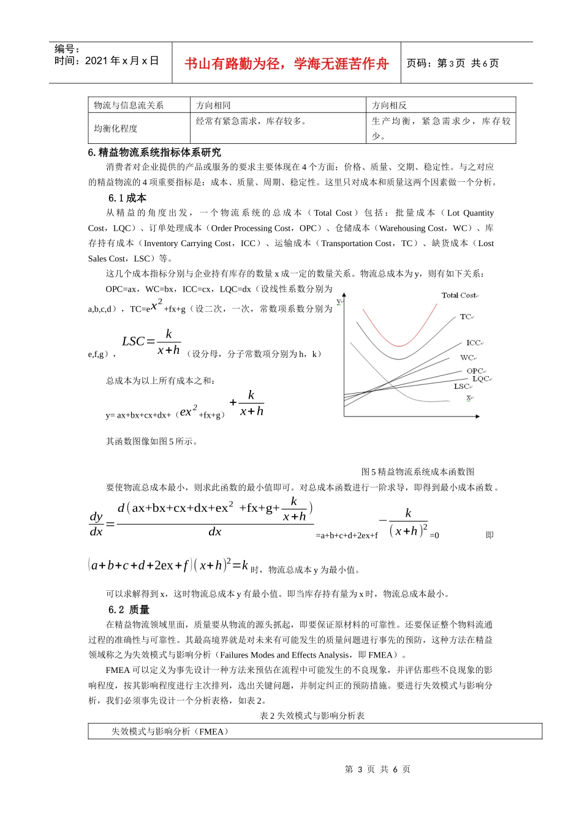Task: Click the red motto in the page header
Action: click(286, 64)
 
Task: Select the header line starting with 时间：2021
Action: click(107, 61)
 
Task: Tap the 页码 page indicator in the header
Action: click(452, 64)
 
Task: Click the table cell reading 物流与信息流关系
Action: click(129, 105)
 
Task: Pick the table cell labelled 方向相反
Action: click(389, 105)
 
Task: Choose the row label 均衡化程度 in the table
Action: click(116, 129)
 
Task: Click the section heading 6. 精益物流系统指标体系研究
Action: click(154, 152)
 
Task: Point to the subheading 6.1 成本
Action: click(127, 198)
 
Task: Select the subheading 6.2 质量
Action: click(129, 609)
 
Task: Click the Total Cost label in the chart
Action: click(459, 295)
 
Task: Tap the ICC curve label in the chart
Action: click(473, 343)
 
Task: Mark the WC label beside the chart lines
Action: click(467, 358)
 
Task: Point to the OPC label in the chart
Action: click(475, 371)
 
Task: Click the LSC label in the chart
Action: click(461, 386)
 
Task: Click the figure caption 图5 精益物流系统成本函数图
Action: click(418, 472)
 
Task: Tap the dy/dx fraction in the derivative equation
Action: click(96, 524)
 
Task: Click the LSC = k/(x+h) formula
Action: click(151, 342)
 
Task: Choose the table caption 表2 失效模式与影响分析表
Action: click(312, 715)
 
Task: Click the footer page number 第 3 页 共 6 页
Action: click(377, 769)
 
